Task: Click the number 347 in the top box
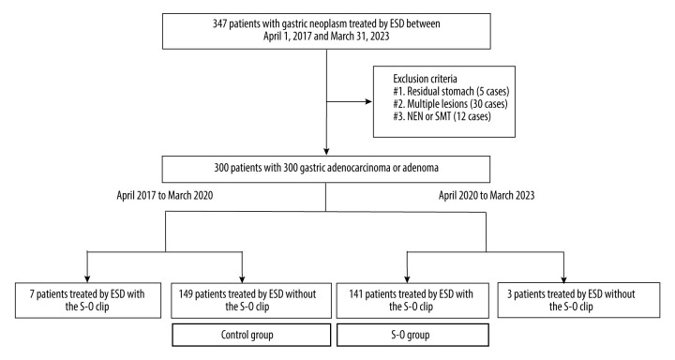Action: (219, 23)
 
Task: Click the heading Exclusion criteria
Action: (425, 79)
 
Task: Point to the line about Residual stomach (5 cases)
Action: (451, 91)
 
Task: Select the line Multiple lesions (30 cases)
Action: (450, 104)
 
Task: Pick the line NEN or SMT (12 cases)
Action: (442, 116)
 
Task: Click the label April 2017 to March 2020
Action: (164, 196)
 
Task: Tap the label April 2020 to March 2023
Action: (487, 196)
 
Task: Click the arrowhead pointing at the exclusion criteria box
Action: (368, 101)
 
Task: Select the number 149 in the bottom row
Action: (186, 294)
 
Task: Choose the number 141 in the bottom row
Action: (356, 294)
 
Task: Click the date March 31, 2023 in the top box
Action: (359, 37)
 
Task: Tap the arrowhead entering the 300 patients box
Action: (326, 152)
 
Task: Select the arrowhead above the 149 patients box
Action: (243, 279)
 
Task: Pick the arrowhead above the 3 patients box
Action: (564, 279)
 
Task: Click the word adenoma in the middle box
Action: (420, 168)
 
